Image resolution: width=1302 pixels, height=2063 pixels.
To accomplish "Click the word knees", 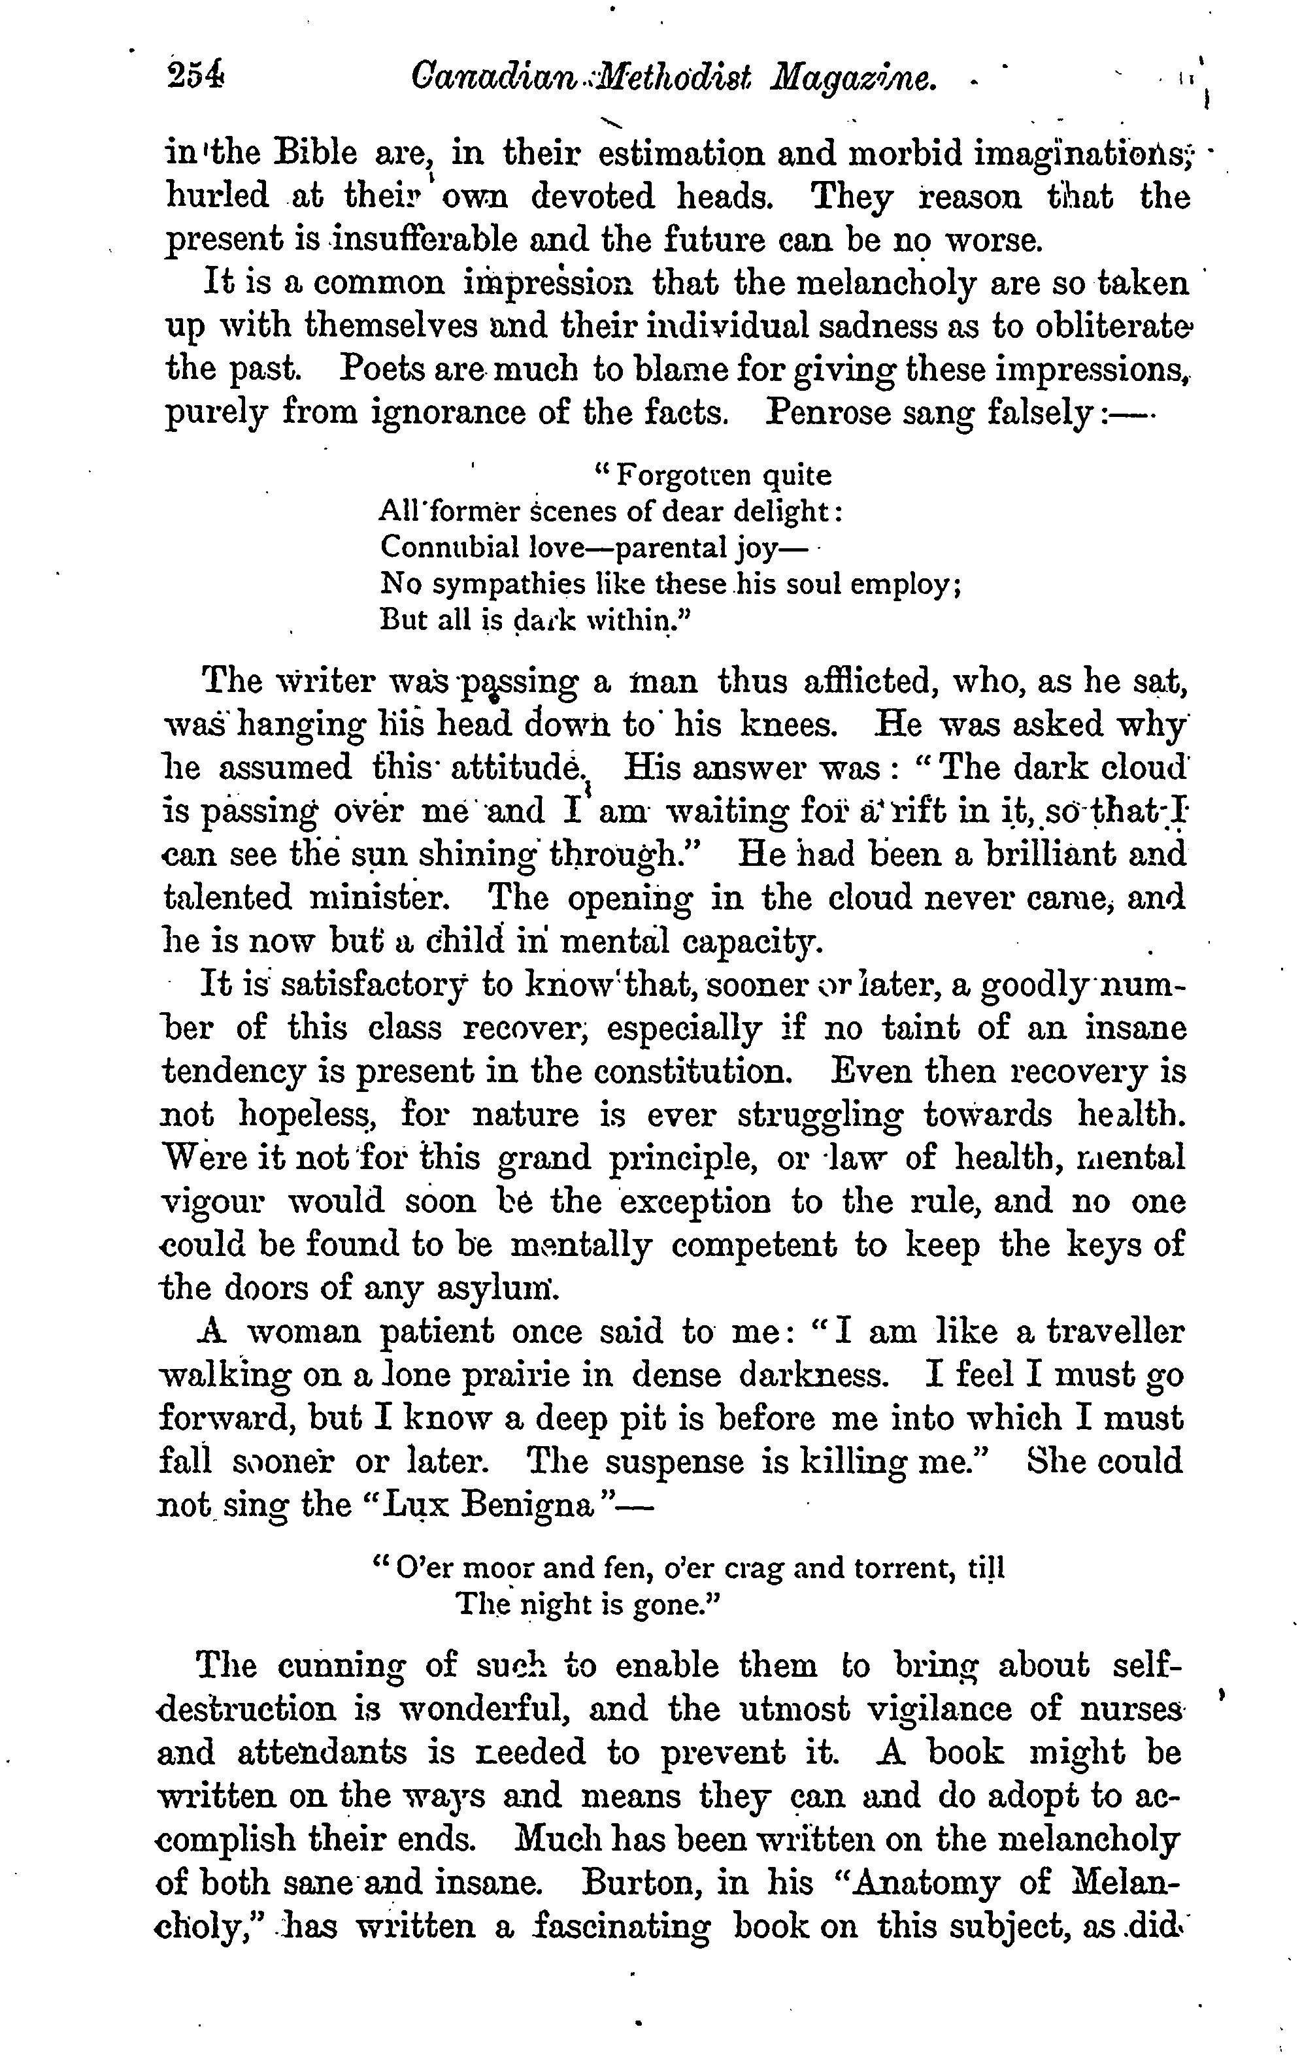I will [x=785, y=725].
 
